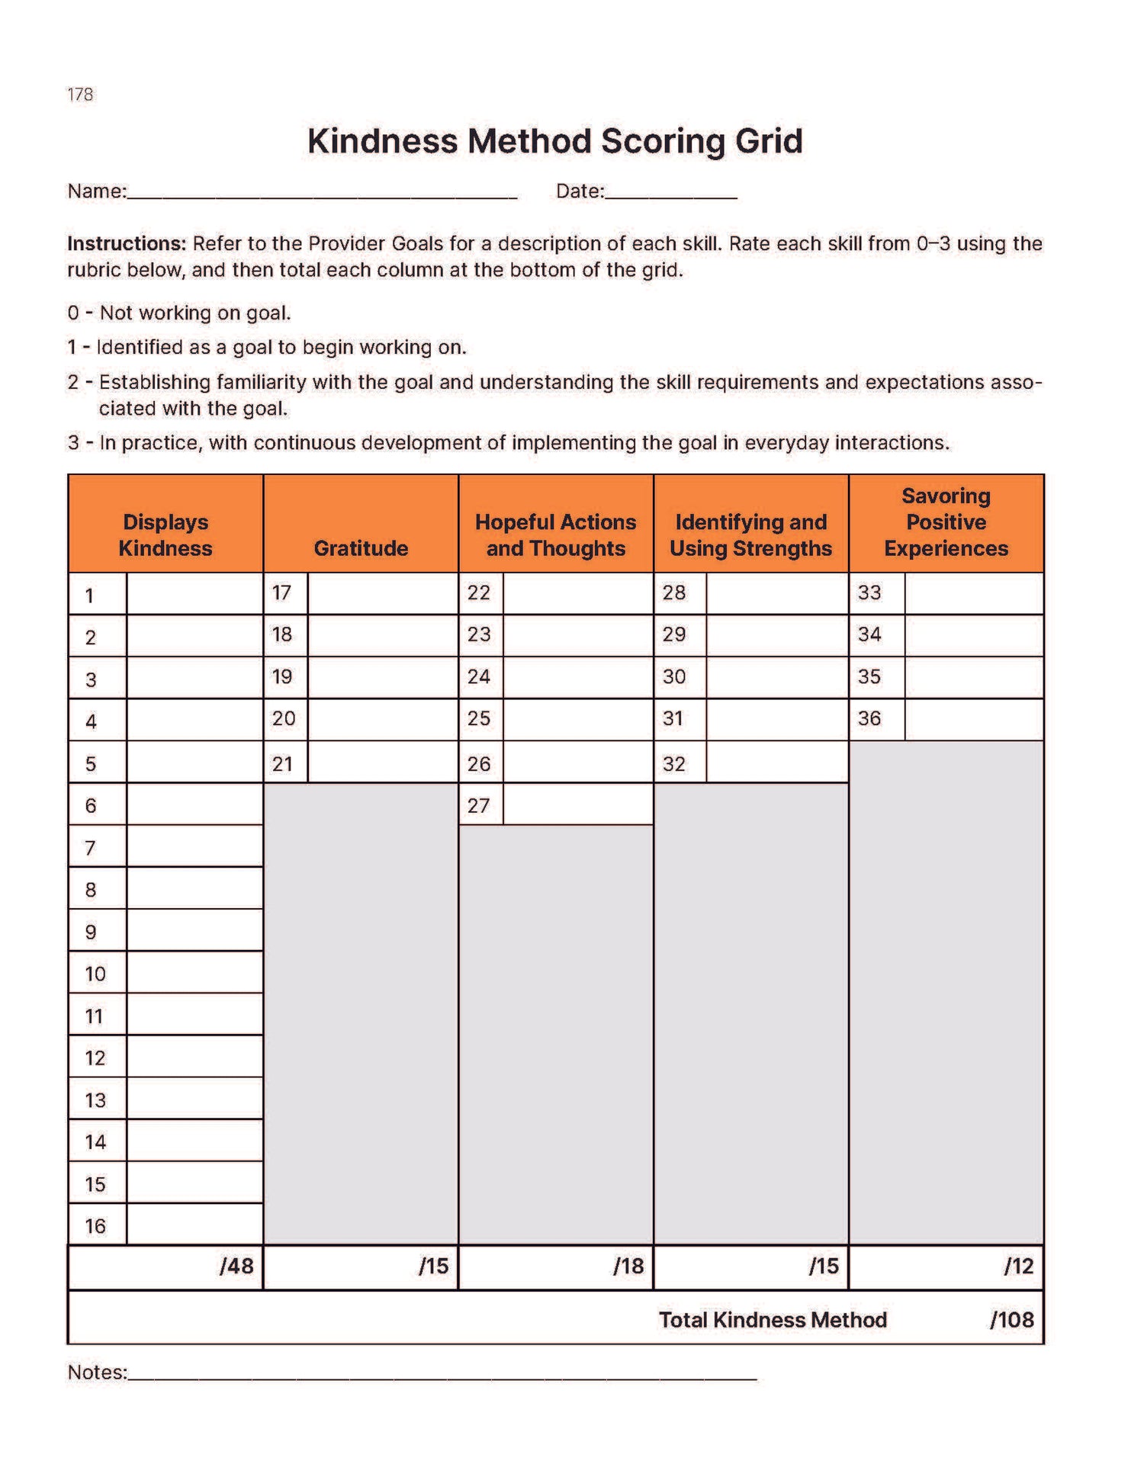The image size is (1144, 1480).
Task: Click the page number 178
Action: pos(80,95)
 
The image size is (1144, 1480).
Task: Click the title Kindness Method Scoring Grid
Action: pos(554,141)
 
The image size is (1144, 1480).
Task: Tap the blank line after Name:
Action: pos(322,194)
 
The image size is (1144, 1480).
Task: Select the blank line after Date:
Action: pos(670,194)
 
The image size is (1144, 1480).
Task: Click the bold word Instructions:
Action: pos(127,244)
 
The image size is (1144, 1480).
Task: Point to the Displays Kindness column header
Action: pos(165,535)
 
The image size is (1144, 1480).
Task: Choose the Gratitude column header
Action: pos(361,547)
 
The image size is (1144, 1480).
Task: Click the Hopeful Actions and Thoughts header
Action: pos(556,535)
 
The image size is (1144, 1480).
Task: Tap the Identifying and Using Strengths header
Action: pos(750,535)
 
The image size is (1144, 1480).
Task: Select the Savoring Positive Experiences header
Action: pos(946,522)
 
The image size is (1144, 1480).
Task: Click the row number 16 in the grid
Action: pos(95,1226)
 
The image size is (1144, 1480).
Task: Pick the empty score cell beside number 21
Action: pos(382,762)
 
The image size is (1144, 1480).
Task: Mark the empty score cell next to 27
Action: pos(577,804)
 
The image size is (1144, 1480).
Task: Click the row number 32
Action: pos(674,763)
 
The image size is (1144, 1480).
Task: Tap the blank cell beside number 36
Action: pos(973,719)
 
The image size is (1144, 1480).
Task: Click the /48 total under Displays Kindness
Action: pos(236,1267)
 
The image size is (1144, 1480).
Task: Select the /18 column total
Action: pos(628,1267)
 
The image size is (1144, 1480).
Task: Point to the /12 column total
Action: pos(1018,1267)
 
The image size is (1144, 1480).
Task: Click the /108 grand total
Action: pos(1011,1320)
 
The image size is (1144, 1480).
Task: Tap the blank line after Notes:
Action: pos(442,1376)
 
